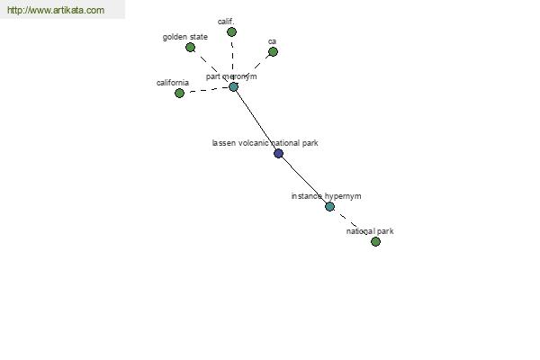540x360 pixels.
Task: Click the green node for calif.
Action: pyautogui.click(x=232, y=32)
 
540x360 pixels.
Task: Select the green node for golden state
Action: pyautogui.click(x=191, y=48)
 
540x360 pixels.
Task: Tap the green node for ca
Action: pyautogui.click(x=273, y=52)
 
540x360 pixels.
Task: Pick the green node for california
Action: pyautogui.click(x=179, y=93)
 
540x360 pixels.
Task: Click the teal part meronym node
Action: pyautogui.click(x=233, y=86)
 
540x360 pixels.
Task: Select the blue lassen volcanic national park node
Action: pyautogui.click(x=279, y=153)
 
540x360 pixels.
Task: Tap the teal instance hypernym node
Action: pyautogui.click(x=329, y=207)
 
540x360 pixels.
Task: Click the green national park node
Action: pyautogui.click(x=375, y=241)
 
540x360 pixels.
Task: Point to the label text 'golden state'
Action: pyautogui.click(x=184, y=37)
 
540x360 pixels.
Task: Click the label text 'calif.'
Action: pyautogui.click(x=226, y=22)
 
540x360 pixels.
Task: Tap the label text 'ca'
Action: pyautogui.click(x=272, y=41)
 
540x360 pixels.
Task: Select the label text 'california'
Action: pyautogui.click(x=173, y=83)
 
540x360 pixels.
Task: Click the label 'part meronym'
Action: pyautogui.click(x=231, y=76)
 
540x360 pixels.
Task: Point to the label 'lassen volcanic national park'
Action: pyautogui.click(x=265, y=143)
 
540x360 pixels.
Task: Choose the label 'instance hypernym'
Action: pyautogui.click(x=326, y=196)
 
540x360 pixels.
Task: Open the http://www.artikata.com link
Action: pyautogui.click(x=56, y=10)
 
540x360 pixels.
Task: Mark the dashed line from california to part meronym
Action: pyautogui.click(x=207, y=90)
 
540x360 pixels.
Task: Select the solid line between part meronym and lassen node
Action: pyautogui.click(x=256, y=121)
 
